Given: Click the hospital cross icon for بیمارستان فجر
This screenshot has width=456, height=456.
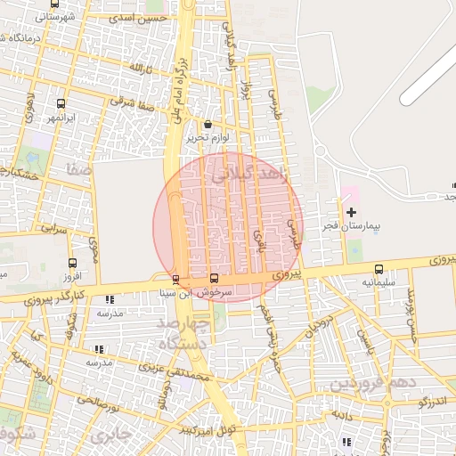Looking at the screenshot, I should (x=351, y=212).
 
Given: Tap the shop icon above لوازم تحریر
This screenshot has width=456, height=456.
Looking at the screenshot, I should (x=208, y=124).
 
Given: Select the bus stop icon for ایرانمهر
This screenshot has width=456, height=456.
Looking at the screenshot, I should (x=61, y=103).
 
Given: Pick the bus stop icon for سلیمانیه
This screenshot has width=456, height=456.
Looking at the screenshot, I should (x=379, y=268).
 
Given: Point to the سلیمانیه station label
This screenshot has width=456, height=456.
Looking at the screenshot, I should (x=379, y=281).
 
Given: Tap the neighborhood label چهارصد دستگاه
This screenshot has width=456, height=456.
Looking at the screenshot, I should (x=183, y=331).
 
